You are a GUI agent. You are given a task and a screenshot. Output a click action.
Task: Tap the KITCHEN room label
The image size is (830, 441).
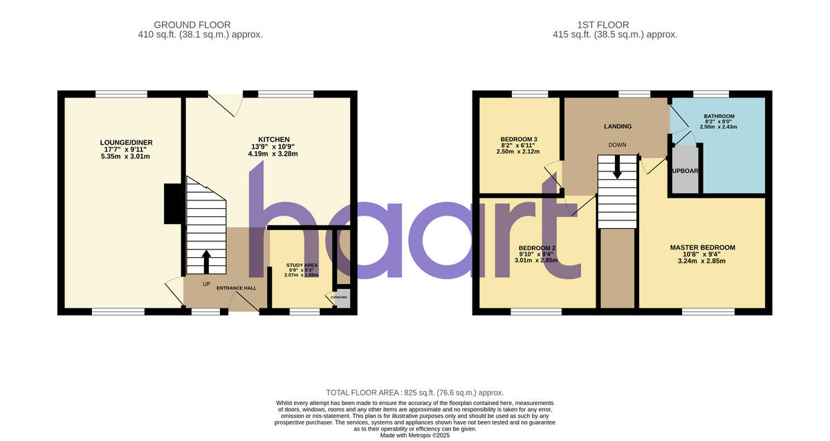(274, 140)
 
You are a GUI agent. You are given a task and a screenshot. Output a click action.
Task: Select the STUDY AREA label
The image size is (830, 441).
(302, 265)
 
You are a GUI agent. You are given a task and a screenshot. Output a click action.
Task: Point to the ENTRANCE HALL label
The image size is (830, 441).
(237, 288)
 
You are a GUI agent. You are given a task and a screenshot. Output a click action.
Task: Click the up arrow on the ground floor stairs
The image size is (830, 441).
(206, 261)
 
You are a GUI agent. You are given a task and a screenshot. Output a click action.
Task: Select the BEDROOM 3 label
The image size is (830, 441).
(519, 139)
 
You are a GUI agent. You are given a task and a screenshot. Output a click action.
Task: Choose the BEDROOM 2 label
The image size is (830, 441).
(537, 248)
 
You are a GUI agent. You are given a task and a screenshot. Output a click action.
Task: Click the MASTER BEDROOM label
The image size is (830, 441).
(702, 247)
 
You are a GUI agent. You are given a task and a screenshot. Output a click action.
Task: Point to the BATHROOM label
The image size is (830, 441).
(719, 116)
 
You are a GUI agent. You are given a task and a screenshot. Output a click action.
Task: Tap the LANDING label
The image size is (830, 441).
(617, 126)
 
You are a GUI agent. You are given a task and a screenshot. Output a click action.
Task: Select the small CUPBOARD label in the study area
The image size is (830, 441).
(339, 297)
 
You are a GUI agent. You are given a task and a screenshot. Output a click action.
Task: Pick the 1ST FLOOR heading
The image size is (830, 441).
(616, 25)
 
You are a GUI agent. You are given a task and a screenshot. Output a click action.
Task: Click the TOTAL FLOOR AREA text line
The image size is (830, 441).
(415, 393)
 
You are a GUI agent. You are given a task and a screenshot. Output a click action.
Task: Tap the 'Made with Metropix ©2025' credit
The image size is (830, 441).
(415, 435)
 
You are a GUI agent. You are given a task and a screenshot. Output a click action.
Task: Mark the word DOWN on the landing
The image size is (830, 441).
(617, 145)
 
